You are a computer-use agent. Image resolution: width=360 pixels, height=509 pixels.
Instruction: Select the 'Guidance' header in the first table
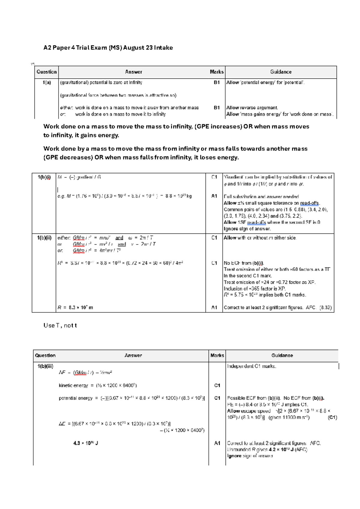tap(280, 72)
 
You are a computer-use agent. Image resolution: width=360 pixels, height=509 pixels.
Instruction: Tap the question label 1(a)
tap(46, 83)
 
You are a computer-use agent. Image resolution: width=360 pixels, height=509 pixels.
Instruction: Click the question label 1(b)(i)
tap(44, 177)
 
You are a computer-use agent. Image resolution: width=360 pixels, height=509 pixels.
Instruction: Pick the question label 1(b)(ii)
tap(44, 238)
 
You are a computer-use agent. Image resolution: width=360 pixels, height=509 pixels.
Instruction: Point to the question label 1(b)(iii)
tap(45, 366)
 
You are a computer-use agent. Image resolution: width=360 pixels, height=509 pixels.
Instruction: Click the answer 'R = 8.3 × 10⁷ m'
tap(75, 308)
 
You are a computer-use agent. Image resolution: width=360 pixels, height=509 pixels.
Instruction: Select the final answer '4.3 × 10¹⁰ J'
tap(85, 443)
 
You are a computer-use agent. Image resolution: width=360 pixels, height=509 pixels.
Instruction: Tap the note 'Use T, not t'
tap(60, 326)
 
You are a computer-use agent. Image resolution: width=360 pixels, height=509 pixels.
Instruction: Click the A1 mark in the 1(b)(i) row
tap(214, 196)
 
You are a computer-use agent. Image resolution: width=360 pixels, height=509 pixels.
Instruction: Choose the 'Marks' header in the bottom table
tap(217, 356)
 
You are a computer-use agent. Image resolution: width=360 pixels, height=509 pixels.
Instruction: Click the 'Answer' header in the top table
tap(133, 72)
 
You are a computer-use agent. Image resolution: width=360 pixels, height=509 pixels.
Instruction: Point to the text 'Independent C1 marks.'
tap(251, 366)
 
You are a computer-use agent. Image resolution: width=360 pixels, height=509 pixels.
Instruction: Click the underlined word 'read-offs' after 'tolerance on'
tap(309, 203)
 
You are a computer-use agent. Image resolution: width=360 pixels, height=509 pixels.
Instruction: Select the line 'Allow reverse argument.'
tap(252, 108)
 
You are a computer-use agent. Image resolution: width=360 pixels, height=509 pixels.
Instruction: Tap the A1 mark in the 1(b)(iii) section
tap(217, 443)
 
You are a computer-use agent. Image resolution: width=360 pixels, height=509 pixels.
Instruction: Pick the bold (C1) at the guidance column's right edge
tap(332, 417)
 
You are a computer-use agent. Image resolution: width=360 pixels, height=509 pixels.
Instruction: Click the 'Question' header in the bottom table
tap(45, 356)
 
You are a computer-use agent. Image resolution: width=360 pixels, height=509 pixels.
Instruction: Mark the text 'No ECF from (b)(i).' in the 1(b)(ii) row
tap(244, 263)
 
